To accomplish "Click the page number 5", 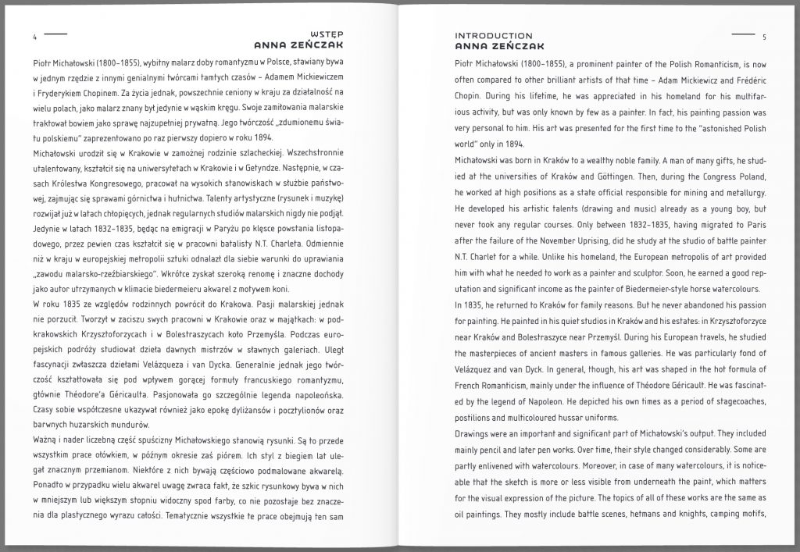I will [764, 37].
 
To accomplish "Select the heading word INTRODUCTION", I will [494, 36].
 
